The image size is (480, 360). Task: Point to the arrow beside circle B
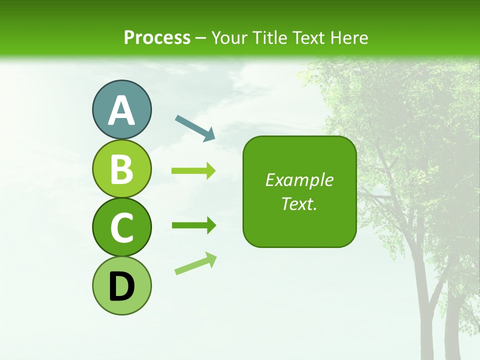(193, 171)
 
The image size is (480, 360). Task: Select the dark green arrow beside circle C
(193, 225)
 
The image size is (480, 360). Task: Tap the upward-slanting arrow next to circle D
(195, 264)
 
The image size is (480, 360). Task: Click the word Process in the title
(157, 38)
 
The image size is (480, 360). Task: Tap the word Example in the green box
(299, 180)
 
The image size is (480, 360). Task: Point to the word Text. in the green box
(299, 203)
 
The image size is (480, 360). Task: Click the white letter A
(121, 111)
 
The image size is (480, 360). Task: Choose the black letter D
(121, 286)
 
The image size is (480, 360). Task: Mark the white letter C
(121, 228)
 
